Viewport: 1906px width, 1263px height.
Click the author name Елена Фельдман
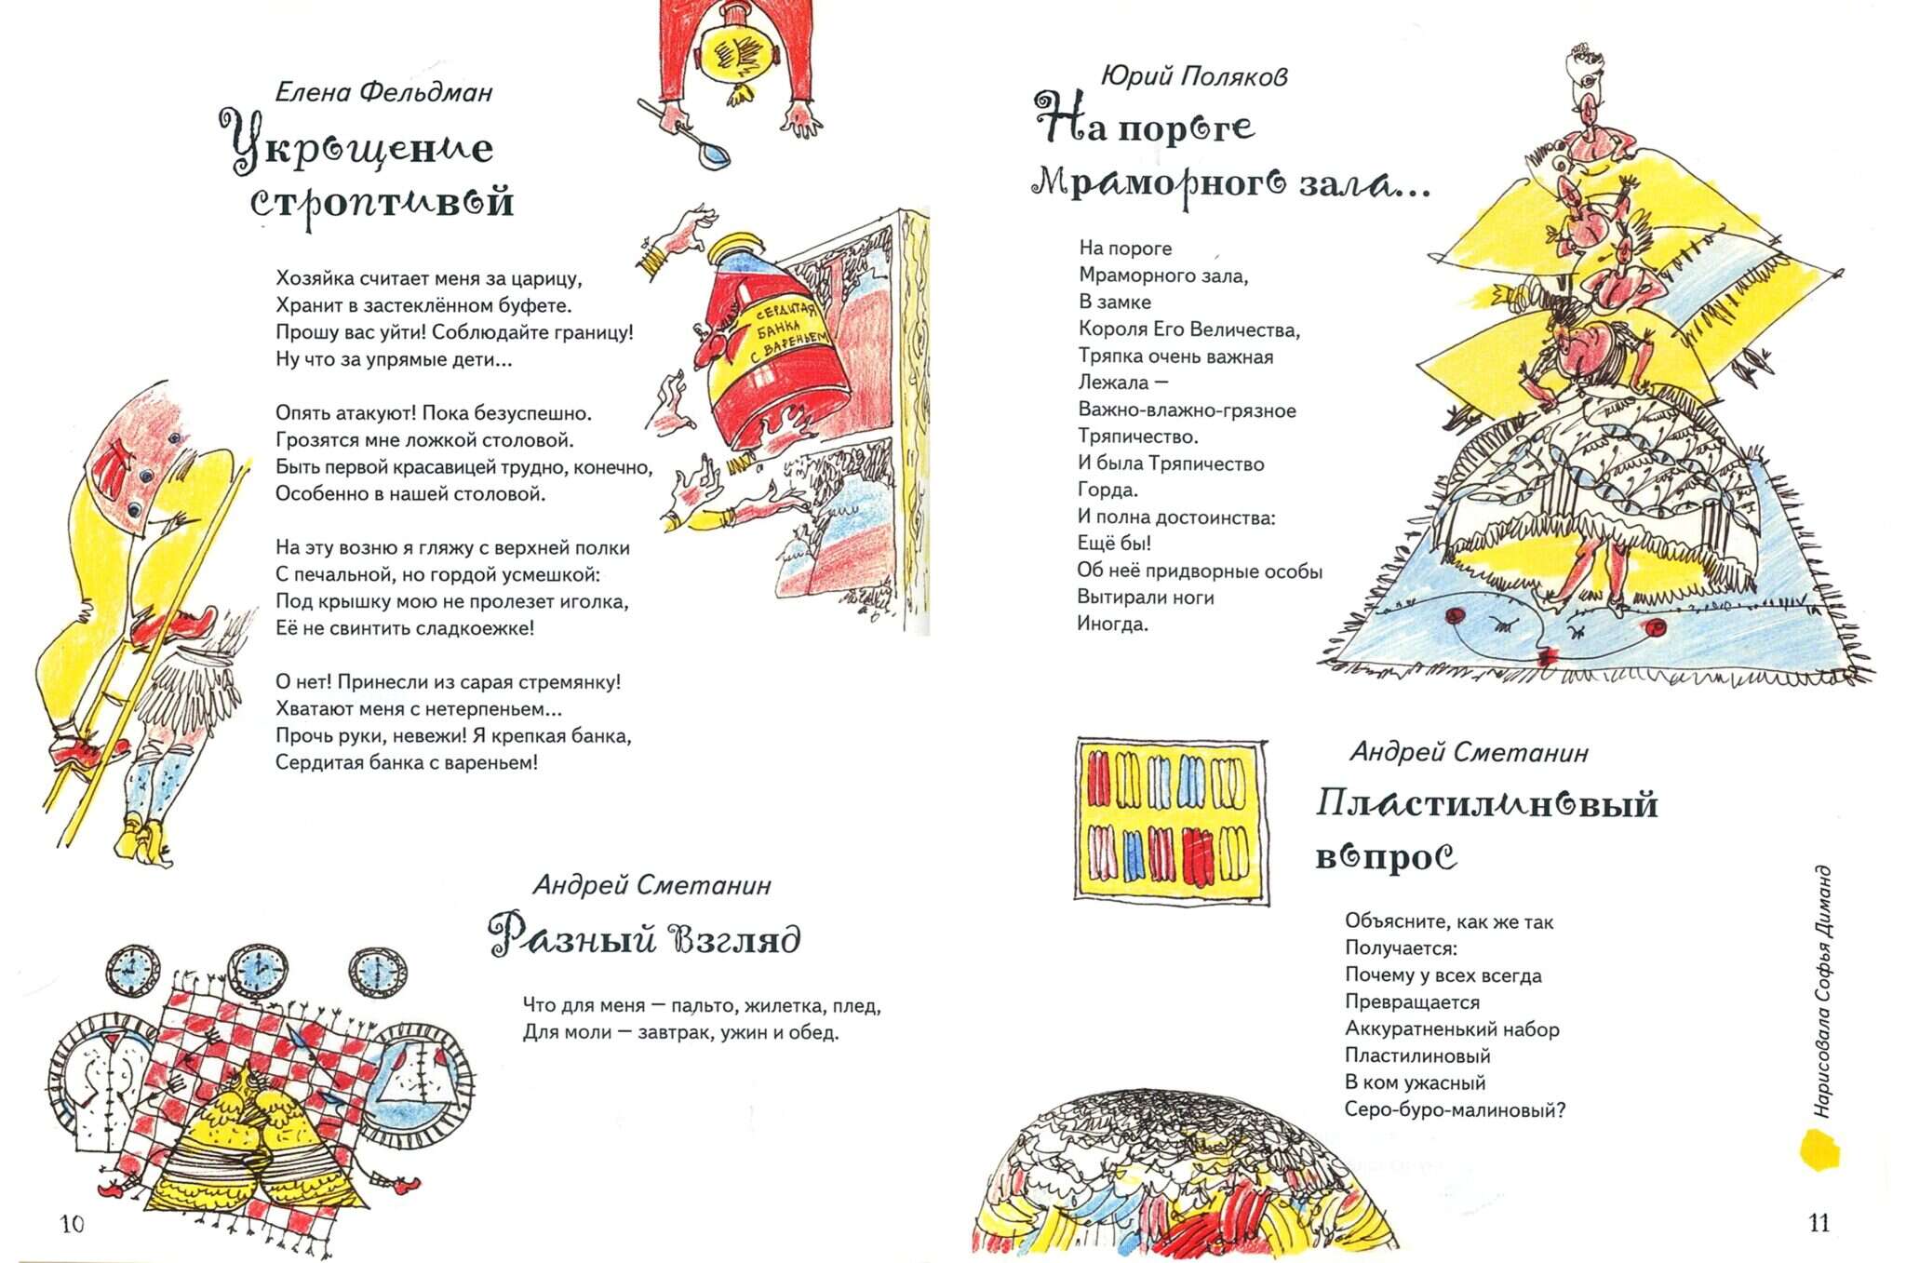point(384,92)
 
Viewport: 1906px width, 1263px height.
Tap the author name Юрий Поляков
point(1194,75)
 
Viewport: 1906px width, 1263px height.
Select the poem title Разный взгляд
point(645,937)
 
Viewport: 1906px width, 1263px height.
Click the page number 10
point(72,1224)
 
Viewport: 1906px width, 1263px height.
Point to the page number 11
point(1819,1223)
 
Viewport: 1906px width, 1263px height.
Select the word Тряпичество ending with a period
point(1138,437)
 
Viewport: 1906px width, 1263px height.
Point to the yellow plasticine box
point(1171,820)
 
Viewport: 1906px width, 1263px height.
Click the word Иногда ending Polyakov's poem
point(1113,625)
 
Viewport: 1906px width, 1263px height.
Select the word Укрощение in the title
point(357,145)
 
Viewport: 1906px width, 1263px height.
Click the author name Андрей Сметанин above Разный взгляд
point(652,885)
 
